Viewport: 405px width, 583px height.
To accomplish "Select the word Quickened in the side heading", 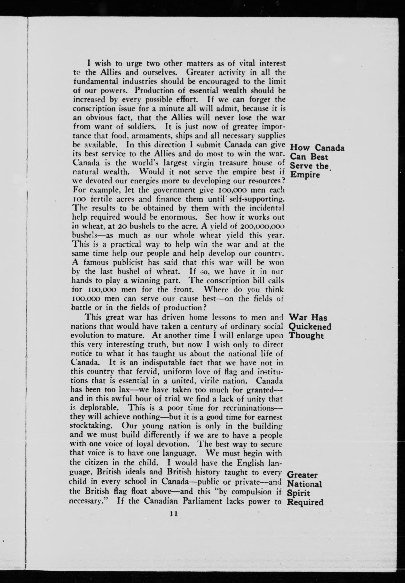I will [310, 326].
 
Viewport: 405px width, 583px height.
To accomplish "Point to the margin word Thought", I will [306, 336].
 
